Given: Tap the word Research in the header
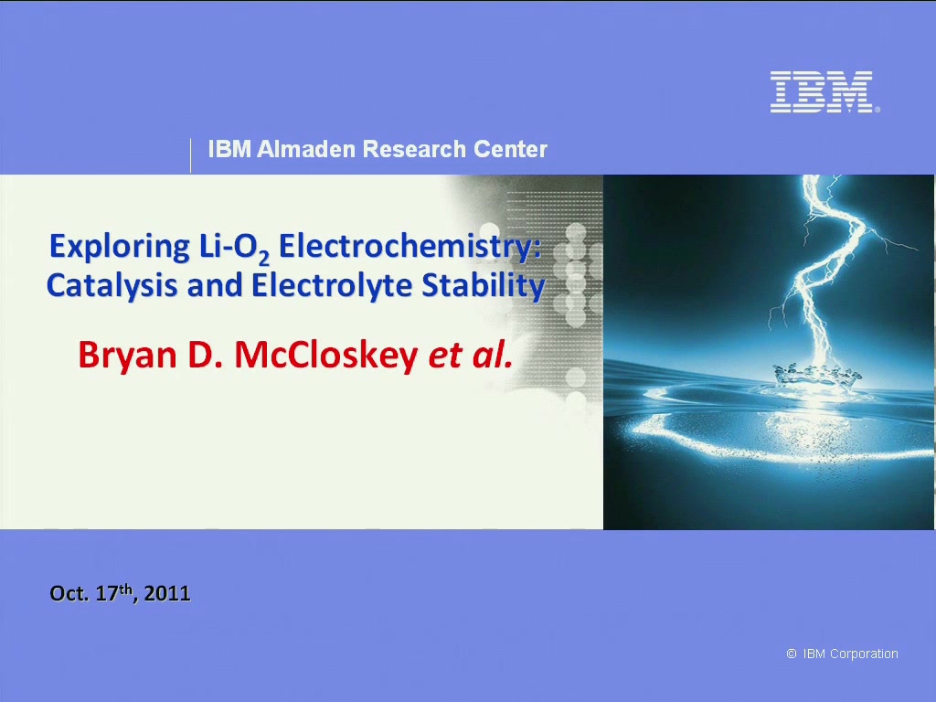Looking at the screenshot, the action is pyautogui.click(x=414, y=149).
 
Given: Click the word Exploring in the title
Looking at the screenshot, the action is pyautogui.click(x=120, y=247).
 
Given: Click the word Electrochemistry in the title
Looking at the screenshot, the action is pyautogui.click(x=409, y=246).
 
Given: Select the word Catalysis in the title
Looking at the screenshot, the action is pyautogui.click(x=112, y=286).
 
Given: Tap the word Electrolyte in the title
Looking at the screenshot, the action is pyautogui.click(x=332, y=286).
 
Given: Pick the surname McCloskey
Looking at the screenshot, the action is pyautogui.click(x=326, y=356).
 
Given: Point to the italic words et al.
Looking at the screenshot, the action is pyautogui.click(x=471, y=356).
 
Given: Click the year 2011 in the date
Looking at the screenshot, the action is pyautogui.click(x=167, y=593).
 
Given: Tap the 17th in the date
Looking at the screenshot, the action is pyautogui.click(x=116, y=592).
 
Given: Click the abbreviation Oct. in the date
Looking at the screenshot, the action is pyautogui.click(x=69, y=593).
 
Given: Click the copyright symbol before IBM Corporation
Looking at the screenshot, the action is pyautogui.click(x=792, y=654).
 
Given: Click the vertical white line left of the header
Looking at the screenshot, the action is pyautogui.click(x=190, y=155).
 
